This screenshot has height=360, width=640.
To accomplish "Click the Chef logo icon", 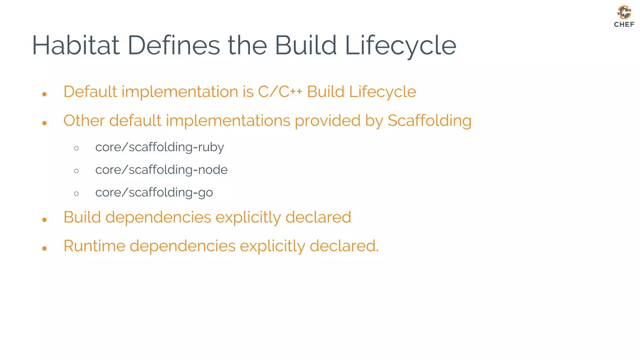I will (624, 12).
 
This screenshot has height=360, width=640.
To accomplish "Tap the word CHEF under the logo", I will (624, 24).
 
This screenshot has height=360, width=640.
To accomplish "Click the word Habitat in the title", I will (76, 46).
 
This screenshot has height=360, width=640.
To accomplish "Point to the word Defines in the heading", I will (174, 46).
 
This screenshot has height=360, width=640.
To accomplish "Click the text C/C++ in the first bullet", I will (280, 92).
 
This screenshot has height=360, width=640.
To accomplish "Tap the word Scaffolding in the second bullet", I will (429, 121).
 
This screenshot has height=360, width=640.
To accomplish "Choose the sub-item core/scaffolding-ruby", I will (159, 147).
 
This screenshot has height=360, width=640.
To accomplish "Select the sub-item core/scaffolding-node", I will (161, 170).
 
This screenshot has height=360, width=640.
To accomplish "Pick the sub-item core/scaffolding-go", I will (154, 192).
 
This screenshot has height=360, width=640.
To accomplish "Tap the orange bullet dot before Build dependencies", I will (44, 220).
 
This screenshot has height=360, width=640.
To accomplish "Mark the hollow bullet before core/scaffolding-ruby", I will (77, 148).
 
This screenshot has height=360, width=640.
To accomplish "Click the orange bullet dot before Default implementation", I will (44, 94).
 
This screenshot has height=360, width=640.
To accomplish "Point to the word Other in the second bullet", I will (84, 121).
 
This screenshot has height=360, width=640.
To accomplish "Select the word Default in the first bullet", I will (90, 92).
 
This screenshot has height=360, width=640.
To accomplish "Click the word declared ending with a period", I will (344, 246).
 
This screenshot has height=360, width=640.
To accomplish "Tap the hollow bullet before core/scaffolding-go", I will (77, 194).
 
